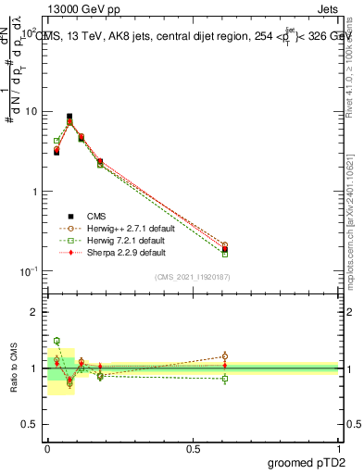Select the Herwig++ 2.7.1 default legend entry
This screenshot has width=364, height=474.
coord(125,227)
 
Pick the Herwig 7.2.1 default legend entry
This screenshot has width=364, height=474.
coord(123,239)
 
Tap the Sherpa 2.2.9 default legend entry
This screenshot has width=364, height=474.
coord(122,252)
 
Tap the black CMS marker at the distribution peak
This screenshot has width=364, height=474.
coord(69,117)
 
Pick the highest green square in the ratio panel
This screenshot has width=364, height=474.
coord(56,341)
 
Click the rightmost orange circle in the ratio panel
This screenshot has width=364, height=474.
coord(224,356)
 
